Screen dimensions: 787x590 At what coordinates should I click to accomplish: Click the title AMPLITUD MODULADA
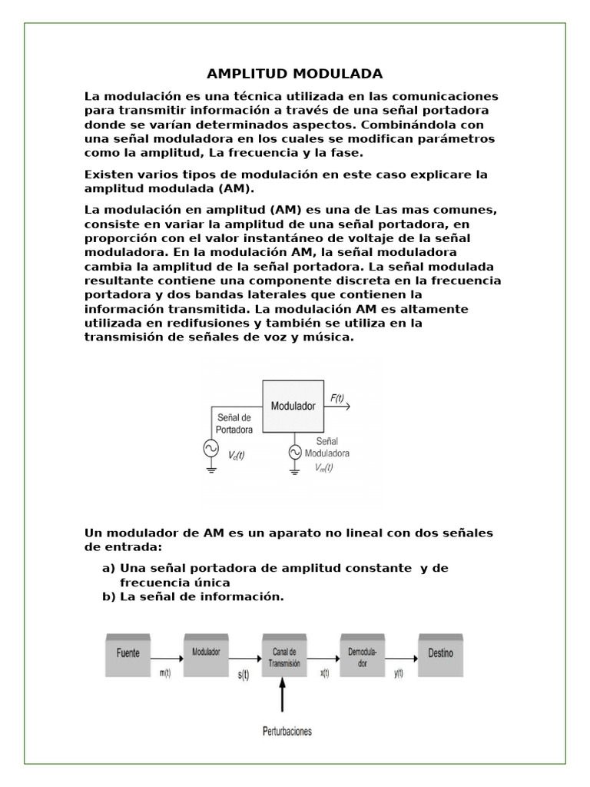click(x=295, y=74)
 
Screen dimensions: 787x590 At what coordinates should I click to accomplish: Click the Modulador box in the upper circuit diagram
click(x=293, y=405)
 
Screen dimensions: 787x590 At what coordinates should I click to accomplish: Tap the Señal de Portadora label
click(x=240, y=424)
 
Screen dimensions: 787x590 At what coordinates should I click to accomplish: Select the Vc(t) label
click(x=237, y=455)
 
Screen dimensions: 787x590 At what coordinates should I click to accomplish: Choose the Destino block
click(x=440, y=653)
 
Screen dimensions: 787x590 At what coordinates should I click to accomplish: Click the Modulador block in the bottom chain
click(x=206, y=653)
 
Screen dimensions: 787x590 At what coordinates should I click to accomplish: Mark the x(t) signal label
click(x=323, y=673)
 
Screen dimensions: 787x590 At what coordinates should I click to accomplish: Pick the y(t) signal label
click(x=398, y=673)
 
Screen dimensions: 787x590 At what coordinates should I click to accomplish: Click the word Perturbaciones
click(x=285, y=731)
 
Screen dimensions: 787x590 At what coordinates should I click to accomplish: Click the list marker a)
click(x=109, y=568)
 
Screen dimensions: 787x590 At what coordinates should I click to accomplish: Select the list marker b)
click(x=109, y=596)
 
